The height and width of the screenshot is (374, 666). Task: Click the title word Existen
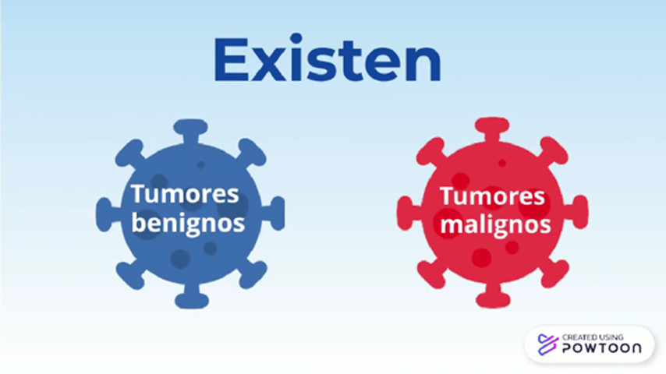[x=328, y=58]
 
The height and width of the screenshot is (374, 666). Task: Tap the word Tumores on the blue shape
[x=185, y=194]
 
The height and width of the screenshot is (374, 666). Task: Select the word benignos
[x=188, y=223]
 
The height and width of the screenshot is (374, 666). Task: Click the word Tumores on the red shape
[x=492, y=196]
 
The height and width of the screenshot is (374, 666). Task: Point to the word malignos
[x=495, y=224]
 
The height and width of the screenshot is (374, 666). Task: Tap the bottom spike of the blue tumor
[x=192, y=296]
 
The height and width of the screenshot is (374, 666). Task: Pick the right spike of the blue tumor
[x=273, y=213]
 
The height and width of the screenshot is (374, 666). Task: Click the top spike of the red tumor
[x=492, y=129]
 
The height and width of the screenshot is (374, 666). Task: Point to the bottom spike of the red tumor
[x=493, y=296]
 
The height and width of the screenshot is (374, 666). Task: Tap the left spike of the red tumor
[x=409, y=213]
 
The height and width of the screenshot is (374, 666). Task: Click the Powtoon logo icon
[x=547, y=344]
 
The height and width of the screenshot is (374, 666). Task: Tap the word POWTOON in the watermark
[x=602, y=348]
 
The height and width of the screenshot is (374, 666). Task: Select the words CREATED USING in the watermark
[x=593, y=337]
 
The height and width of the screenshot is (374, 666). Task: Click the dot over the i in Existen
[x=296, y=38]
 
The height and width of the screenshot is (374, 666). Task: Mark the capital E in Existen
[x=232, y=59]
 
